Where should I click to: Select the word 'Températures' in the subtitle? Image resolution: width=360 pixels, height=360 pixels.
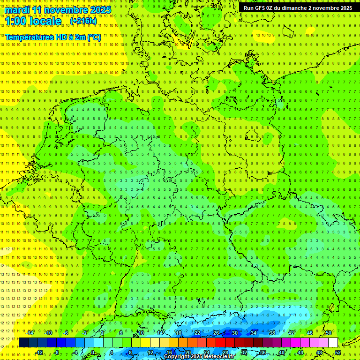pyautogui.click(x=29, y=37)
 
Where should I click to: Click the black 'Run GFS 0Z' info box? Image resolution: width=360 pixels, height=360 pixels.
pyautogui.click(x=298, y=8)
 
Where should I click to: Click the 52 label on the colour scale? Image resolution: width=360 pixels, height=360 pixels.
pyautogui.click(x=338, y=352)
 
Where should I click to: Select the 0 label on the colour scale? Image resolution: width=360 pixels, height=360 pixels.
pyautogui.click(x=92, y=352)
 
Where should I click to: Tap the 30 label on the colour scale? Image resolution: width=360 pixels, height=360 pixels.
pyautogui.click(x=235, y=333)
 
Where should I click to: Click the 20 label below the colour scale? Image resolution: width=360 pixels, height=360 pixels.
pyautogui.click(x=187, y=352)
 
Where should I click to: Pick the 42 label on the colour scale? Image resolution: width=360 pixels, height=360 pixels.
pyautogui.click(x=291, y=333)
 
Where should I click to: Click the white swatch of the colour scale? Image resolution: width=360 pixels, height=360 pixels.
pyautogui.click(x=333, y=343)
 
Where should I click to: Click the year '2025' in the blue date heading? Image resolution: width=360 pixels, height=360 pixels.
pyautogui.click(x=101, y=10)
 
